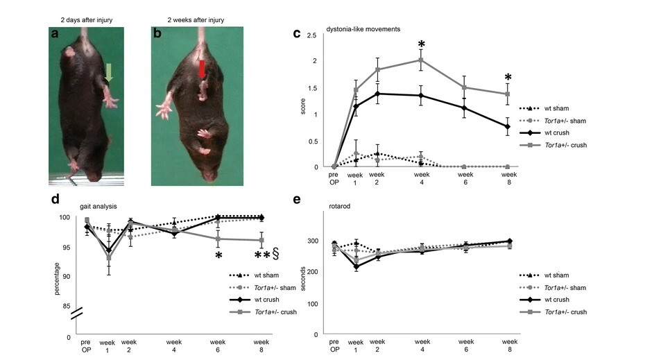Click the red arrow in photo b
(202, 69)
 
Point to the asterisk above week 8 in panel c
(508, 78)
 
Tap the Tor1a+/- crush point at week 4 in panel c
(421, 60)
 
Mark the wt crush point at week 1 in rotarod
(356, 266)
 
